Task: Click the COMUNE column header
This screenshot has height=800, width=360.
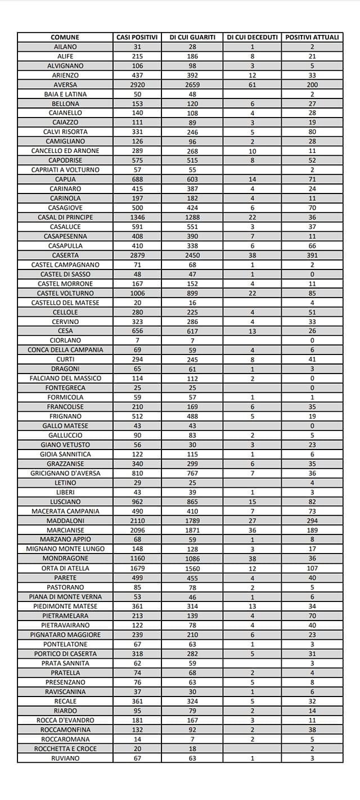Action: pos(65,37)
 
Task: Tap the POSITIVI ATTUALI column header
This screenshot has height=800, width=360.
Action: pos(312,37)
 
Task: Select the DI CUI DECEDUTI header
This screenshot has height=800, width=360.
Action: pos(252,37)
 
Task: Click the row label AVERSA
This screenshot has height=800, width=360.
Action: pos(65,84)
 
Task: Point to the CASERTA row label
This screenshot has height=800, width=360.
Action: pos(65,255)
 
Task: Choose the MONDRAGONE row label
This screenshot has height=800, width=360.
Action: pos(65,559)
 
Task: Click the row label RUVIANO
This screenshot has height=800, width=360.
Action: pos(65,758)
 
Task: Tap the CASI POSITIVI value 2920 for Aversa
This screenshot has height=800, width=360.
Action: pos(137,84)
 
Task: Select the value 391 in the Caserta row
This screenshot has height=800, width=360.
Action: pos(312,255)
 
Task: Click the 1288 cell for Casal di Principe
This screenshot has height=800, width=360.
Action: pos(192,217)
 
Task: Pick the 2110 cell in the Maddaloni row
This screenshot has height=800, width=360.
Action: pos(137,521)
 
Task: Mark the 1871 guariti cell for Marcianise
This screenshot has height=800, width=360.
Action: pos(192,531)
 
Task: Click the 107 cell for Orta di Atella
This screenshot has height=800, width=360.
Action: pos(312,568)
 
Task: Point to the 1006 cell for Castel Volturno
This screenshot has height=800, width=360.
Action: pos(137,293)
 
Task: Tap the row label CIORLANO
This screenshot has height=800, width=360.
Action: pos(65,340)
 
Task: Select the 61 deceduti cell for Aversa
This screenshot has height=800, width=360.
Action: pos(252,84)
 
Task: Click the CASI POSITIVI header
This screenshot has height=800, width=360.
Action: pos(137,37)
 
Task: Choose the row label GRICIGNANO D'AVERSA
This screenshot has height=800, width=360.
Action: pos(65,473)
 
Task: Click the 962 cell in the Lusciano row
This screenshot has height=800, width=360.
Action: pos(137,502)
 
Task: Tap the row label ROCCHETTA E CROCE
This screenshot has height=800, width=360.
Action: pos(65,749)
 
